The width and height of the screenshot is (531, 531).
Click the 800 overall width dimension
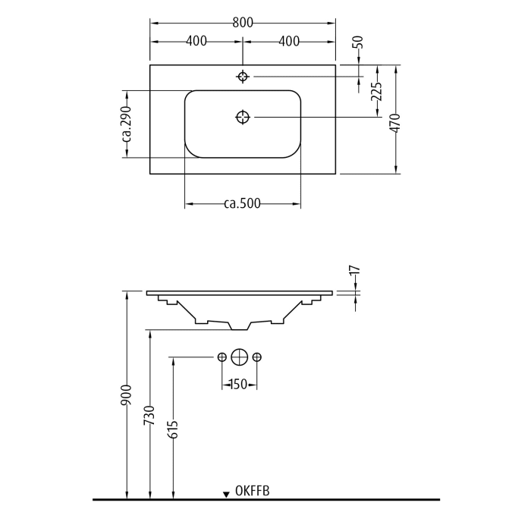coord(243,23)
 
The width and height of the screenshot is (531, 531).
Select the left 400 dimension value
coord(196,41)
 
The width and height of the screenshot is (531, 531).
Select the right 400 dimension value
coord(289,41)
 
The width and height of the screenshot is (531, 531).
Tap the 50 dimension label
coord(359,42)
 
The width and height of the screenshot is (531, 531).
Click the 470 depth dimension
coord(394,124)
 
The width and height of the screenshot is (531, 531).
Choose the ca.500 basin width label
coord(243,203)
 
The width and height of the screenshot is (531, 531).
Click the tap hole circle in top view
coord(243,77)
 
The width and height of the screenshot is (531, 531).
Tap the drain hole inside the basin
coord(243,117)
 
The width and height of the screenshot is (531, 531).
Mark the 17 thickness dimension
coord(354,270)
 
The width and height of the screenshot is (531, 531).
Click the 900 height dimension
coord(127,394)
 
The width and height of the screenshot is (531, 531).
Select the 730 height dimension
coord(150,416)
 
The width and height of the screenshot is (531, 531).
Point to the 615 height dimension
coord(173,430)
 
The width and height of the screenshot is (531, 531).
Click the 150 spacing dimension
coord(238,385)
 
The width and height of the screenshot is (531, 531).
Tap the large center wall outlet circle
coord(240,357)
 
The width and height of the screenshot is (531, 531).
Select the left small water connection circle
coord(222,357)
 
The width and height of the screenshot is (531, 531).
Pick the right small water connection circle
coord(257,357)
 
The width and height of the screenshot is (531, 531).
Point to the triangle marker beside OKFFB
coord(226,495)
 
